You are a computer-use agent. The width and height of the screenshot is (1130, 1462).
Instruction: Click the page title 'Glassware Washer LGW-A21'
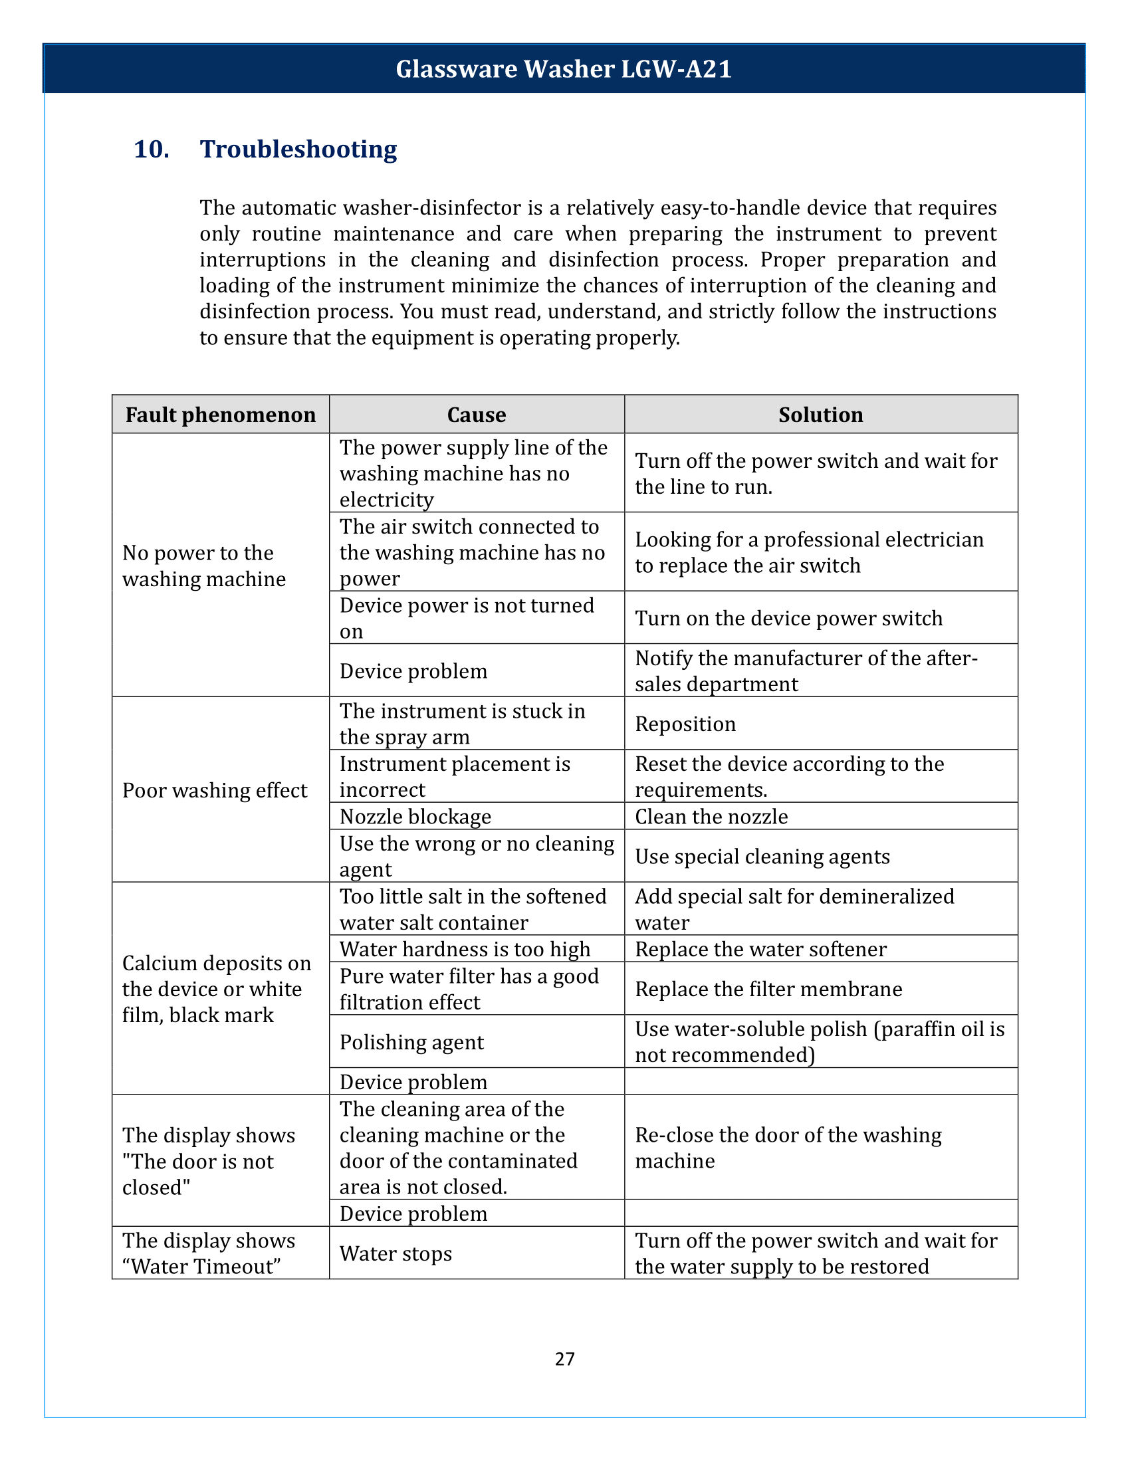point(564,69)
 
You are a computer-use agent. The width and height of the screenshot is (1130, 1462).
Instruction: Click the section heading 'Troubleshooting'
point(298,150)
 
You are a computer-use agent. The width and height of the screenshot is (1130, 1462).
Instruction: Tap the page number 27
point(565,1358)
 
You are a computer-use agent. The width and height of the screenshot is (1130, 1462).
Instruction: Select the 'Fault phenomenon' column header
point(220,415)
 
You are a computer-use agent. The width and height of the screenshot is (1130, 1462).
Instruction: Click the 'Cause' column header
point(476,415)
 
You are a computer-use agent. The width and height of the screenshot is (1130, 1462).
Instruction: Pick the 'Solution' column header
point(821,415)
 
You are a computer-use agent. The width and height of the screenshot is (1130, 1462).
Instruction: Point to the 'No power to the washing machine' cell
point(204,566)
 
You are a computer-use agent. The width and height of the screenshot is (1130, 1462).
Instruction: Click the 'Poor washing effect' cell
point(215,790)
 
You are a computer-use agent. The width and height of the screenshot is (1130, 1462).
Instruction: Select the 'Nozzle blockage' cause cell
point(415,817)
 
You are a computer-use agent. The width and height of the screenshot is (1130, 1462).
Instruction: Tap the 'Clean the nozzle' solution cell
point(712,817)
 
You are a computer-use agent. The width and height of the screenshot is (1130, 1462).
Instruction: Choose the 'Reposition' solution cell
point(685,724)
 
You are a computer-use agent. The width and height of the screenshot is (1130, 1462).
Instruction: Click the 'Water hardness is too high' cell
point(465,949)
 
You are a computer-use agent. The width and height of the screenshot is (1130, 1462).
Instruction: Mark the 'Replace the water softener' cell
point(761,949)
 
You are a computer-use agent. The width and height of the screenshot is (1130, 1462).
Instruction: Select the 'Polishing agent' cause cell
point(411,1042)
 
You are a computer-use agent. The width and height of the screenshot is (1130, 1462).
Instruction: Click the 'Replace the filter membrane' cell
point(768,989)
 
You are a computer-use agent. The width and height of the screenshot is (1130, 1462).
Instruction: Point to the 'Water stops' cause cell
point(395,1253)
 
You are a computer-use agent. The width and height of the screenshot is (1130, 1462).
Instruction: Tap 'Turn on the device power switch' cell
point(788,618)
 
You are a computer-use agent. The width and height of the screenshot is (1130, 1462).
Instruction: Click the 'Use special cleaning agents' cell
point(762,856)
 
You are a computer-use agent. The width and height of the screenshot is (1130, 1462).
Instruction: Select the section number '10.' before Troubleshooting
point(152,150)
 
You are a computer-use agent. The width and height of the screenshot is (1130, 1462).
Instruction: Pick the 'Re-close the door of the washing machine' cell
point(788,1148)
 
